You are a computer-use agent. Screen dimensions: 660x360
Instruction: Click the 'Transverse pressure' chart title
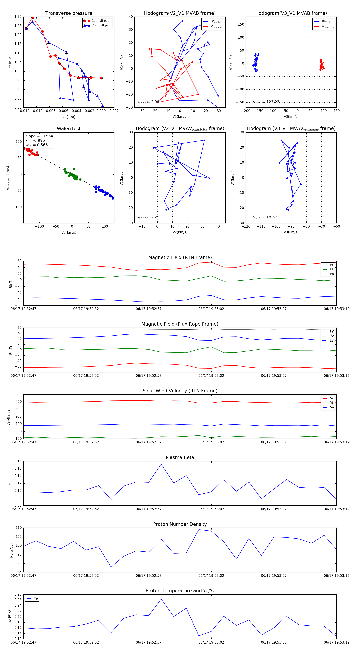[69, 13]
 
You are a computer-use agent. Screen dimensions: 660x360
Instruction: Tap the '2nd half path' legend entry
[101, 25]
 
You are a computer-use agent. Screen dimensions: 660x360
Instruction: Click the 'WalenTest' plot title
[69, 129]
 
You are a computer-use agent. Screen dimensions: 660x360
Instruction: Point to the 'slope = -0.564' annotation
[39, 136]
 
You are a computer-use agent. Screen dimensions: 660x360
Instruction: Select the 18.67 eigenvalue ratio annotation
[265, 217]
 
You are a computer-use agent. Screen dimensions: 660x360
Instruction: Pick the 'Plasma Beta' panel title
[180, 457]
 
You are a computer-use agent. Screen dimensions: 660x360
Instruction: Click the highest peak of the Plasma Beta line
[161, 464]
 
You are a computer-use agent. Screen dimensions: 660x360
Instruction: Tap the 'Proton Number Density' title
[180, 524]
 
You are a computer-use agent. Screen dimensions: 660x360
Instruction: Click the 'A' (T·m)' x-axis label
[69, 117]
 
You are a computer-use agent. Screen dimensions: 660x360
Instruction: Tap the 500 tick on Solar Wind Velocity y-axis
[18, 394]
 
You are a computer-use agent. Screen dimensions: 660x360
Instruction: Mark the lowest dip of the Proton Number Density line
[111, 567]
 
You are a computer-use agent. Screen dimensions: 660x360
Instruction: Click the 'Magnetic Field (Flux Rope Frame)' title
[180, 324]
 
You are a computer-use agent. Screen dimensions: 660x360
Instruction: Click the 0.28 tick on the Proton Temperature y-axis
[18, 594]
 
